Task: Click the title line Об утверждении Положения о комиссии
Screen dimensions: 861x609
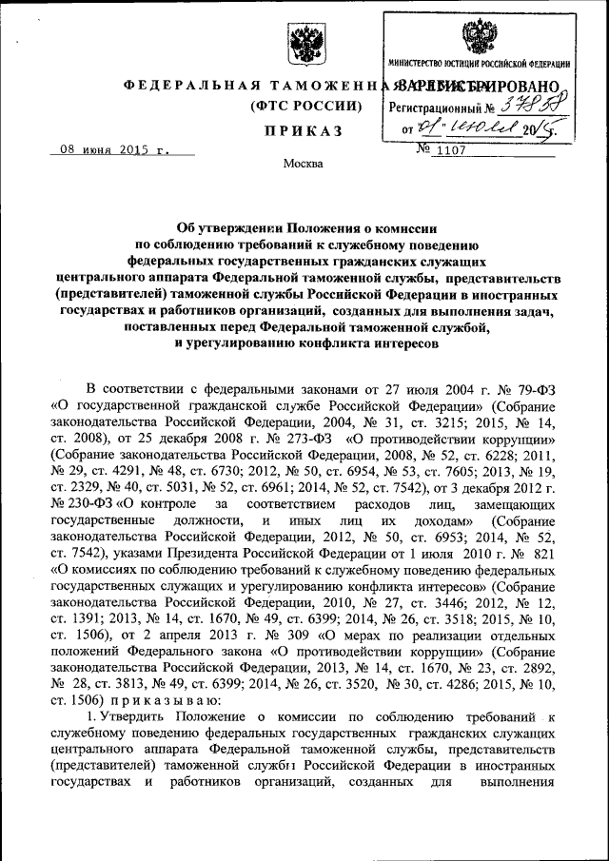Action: pyautogui.click(x=304, y=229)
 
